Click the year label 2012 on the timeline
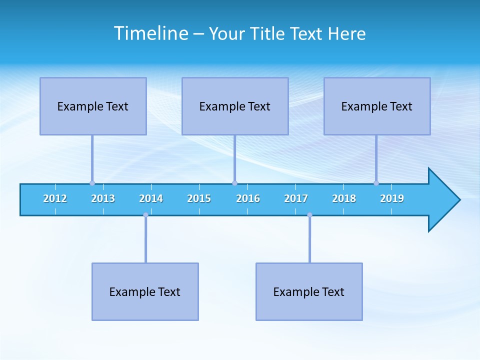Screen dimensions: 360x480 coord(55,198)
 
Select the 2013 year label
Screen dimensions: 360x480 coord(103,198)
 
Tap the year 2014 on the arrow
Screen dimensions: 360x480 coord(151,198)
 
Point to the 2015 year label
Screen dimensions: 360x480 coord(199,198)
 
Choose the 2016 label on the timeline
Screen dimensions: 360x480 coord(248,198)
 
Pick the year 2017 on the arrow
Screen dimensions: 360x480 coord(296,198)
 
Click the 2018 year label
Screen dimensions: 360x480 coord(344,198)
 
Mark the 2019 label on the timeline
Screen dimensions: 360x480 coord(392,198)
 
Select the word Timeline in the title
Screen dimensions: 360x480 coord(151,33)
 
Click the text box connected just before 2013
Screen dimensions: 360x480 coord(93,106)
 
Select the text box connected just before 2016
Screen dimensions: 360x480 coord(235,106)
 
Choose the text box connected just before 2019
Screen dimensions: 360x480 coord(377,106)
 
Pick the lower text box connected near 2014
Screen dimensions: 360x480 coord(145,291)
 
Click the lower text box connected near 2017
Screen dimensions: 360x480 coord(309,291)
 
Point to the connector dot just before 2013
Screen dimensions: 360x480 coord(92,183)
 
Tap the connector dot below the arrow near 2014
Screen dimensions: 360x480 coord(145,215)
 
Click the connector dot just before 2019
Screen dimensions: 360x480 coord(376,183)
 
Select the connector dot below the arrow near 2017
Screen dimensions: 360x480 coord(309,215)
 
